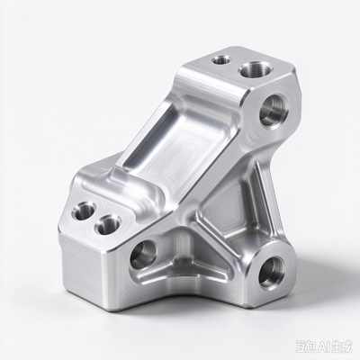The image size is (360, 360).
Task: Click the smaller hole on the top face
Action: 221,59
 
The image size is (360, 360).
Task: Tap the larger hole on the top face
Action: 254,70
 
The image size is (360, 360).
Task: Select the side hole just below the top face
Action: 274,111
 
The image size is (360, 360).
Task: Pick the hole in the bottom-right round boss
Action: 271,272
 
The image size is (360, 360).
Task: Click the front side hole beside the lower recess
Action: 144,254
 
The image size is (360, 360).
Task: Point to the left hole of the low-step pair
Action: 84,211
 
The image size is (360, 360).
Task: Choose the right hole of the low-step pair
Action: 108,225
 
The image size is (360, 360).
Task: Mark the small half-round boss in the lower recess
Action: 184,260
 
